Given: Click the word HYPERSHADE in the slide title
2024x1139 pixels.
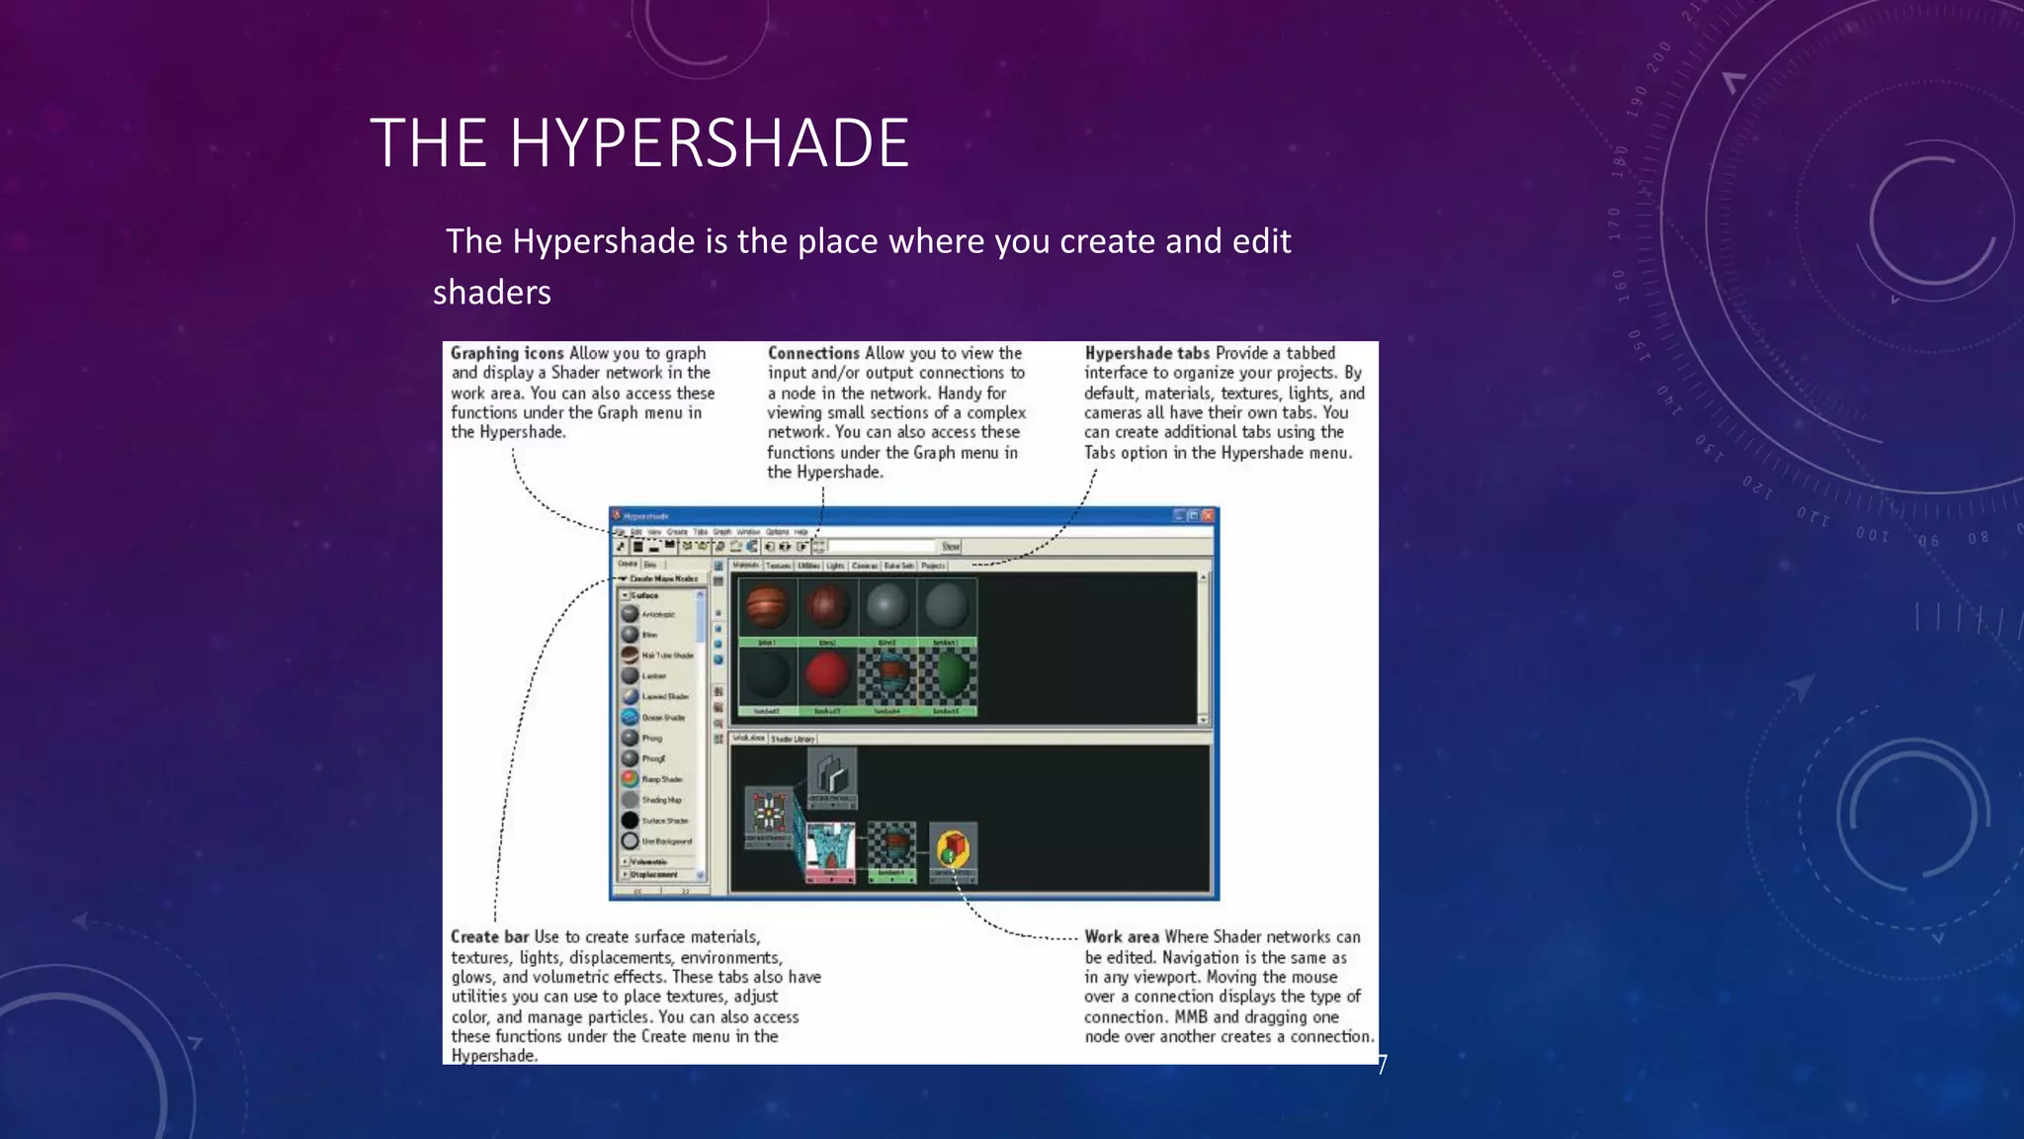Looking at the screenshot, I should click(709, 143).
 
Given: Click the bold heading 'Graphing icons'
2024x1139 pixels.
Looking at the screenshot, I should click(507, 353).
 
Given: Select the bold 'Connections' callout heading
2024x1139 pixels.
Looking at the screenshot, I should click(813, 353).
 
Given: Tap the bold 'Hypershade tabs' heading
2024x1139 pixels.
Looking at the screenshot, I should click(1146, 353).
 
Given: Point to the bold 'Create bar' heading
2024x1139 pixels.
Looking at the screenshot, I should click(489, 936).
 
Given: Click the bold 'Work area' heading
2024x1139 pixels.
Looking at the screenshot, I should click(1121, 936).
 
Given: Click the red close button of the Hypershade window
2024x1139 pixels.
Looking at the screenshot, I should click(1208, 515).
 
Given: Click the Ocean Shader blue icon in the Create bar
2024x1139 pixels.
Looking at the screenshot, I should click(630, 717).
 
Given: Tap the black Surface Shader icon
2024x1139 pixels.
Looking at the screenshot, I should click(630, 820).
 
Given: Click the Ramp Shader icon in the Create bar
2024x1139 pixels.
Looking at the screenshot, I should click(630, 779).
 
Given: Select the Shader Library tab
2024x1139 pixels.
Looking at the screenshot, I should click(793, 739).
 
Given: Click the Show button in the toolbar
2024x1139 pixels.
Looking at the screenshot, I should click(950, 546).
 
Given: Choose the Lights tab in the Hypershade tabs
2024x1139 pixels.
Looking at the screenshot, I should click(835, 566).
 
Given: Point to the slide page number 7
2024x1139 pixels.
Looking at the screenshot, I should click(1382, 1065).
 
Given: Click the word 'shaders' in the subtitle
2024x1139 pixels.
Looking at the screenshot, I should click(491, 293).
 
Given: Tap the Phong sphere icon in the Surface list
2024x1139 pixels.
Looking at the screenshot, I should click(630, 738).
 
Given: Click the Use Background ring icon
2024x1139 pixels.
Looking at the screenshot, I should click(630, 840).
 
